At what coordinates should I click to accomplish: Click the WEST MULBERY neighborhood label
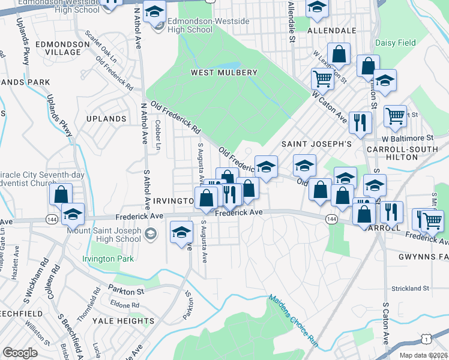click(224, 73)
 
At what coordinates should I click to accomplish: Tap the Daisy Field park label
click(396, 43)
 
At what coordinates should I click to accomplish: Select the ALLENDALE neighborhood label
click(331, 30)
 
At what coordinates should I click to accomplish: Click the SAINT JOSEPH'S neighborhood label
click(316, 144)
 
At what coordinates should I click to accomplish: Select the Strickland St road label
click(410, 289)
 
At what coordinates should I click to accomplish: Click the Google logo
click(20, 353)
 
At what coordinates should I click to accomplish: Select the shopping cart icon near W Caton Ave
click(322, 78)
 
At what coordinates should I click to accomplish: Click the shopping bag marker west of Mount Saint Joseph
click(61, 194)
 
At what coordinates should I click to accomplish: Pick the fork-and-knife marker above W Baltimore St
click(360, 122)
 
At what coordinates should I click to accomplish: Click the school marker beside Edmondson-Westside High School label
click(155, 12)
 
